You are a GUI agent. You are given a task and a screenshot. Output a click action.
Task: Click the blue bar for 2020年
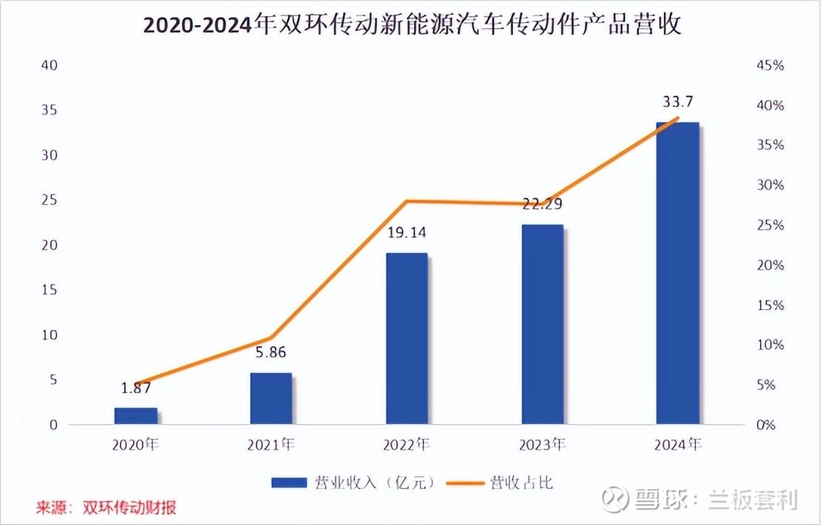coord(136,416)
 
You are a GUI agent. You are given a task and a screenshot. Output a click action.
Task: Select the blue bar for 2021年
coord(271,399)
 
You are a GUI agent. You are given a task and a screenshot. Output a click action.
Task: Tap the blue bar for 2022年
coord(407,339)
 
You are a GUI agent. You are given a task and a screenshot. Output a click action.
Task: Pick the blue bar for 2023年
coord(543,325)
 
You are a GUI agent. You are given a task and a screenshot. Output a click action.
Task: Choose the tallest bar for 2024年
coord(679,274)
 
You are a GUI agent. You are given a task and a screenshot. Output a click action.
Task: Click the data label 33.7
coord(678,101)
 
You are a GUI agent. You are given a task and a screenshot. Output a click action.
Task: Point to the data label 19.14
coord(407,233)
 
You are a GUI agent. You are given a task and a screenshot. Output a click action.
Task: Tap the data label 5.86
coord(271,353)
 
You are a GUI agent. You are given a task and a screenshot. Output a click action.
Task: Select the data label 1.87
coord(136,387)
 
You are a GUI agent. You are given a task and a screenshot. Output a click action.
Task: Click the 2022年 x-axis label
coord(407,445)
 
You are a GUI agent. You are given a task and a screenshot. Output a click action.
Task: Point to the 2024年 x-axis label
coord(679,445)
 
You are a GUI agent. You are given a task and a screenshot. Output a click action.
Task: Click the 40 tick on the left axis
coord(50,65)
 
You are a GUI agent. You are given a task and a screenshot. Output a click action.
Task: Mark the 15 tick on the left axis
coord(50,290)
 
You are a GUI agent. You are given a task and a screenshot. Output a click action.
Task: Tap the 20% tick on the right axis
coord(770,265)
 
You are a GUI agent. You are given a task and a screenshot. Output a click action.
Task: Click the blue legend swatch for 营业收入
coord(289,483)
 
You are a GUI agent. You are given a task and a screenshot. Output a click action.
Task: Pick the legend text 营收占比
coord(520,483)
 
